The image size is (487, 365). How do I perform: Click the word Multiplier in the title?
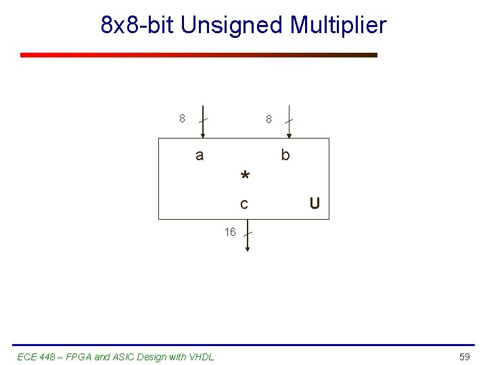338,25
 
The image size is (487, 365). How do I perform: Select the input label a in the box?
199,155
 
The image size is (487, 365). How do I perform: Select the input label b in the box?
285,155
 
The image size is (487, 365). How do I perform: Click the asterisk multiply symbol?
245,177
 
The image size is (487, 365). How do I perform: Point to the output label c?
244,203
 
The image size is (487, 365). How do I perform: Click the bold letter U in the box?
315,203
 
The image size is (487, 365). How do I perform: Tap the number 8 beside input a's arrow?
182,119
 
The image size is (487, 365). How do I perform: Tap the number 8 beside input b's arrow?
269,119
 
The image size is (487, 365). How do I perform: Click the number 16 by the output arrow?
230,233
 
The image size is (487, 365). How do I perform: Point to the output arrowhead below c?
248,249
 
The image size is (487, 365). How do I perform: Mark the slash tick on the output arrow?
248,234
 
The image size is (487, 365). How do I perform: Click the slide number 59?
464,356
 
